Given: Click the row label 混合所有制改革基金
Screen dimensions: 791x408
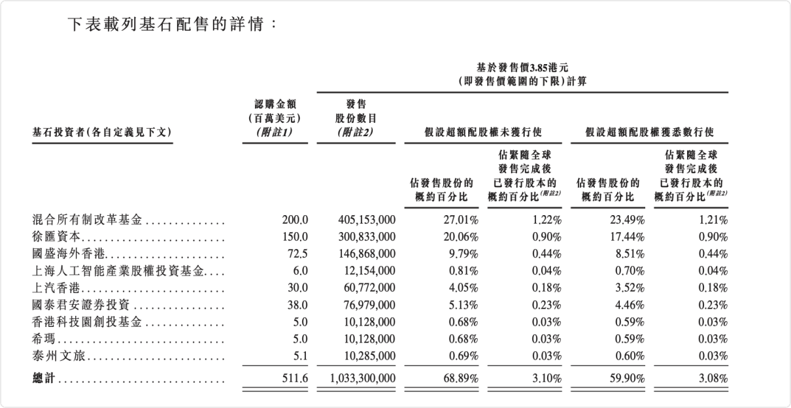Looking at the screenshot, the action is point(87,220).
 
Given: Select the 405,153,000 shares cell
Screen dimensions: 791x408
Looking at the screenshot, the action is point(367,220).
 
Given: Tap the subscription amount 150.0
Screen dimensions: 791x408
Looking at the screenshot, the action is point(295,237).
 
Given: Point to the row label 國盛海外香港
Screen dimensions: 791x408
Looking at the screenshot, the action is point(69,254).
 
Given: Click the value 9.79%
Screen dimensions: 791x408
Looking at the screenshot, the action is point(463,254).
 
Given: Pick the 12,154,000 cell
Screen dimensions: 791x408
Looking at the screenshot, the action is point(370,271).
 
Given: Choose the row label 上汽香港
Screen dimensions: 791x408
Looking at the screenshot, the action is point(56,288).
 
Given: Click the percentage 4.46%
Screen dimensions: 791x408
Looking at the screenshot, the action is point(630,305).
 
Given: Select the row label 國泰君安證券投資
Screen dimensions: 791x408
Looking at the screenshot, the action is point(81,305).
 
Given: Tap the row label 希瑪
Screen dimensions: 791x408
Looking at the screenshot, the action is point(44,339).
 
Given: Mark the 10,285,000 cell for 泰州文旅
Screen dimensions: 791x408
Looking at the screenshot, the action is point(370,356).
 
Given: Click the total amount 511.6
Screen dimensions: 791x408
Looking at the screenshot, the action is point(295,378).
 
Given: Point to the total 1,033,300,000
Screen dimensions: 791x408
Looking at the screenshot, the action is point(363,378).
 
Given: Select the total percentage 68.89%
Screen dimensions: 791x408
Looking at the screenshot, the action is point(461,378).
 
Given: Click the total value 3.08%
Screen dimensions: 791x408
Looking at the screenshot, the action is point(713,378).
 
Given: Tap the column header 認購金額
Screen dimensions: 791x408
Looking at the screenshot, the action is point(275,104).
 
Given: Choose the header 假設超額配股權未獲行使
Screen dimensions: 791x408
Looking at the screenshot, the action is point(483,132).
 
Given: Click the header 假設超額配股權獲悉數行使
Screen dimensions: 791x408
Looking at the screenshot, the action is point(649,132).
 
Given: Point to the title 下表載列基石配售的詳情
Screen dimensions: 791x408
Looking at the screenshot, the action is point(166,24).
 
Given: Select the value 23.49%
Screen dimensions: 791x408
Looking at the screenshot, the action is point(628,220).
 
